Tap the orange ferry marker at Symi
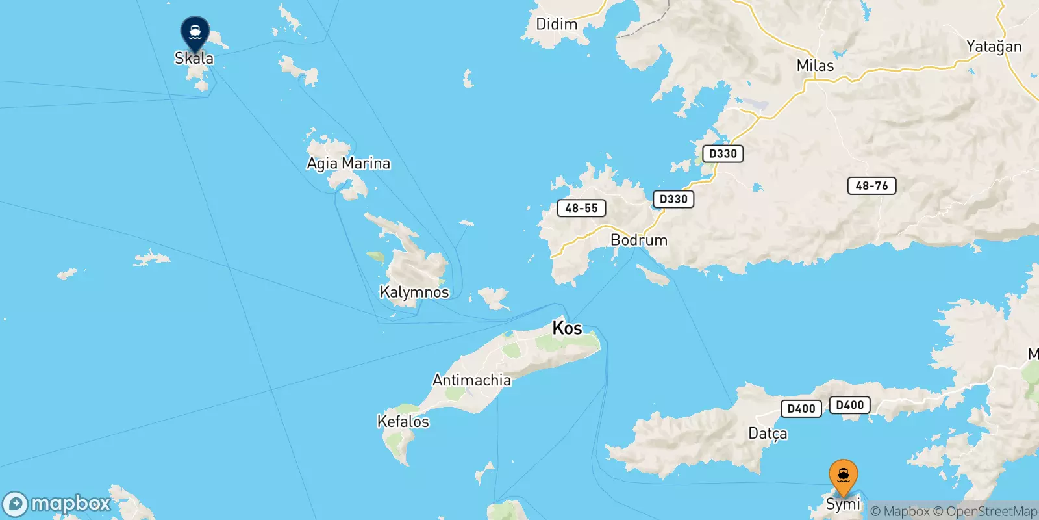[843, 476]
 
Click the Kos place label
[567, 328]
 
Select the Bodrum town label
[639, 240]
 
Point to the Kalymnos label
[414, 292]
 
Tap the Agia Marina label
[349, 163]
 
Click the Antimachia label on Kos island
[471, 380]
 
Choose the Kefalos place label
[403, 422]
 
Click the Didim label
[557, 25]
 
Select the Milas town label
[815, 66]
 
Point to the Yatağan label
[994, 47]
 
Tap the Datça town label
[768, 434]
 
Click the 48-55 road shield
[581, 208]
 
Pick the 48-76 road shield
[871, 186]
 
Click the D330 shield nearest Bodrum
[673, 199]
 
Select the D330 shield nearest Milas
[723, 153]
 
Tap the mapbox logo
[57, 504]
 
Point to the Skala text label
[194, 58]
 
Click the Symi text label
[843, 504]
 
